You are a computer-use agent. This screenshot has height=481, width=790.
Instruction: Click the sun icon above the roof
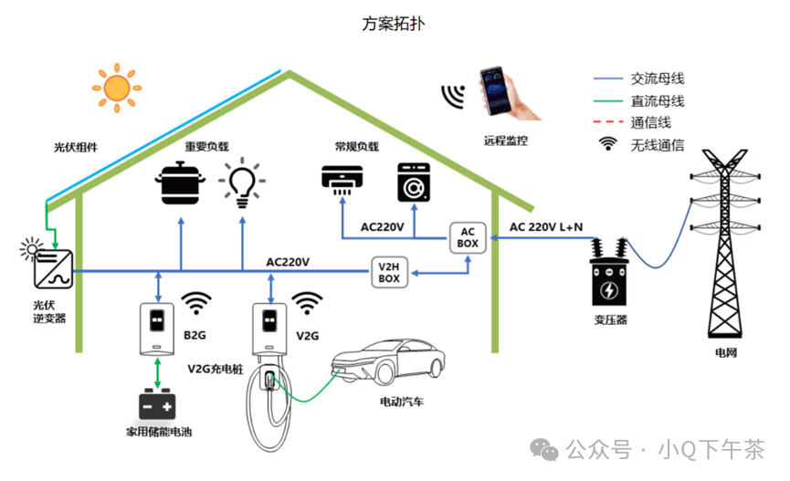pyautogui.click(x=116, y=88)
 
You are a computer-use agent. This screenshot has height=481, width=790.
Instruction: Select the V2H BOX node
pyautogui.click(x=389, y=272)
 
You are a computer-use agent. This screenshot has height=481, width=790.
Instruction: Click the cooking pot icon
pyautogui.click(x=179, y=183)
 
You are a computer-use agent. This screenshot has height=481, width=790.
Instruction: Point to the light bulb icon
pyautogui.click(x=241, y=183)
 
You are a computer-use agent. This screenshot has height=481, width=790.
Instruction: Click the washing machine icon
pyautogui.click(x=414, y=182)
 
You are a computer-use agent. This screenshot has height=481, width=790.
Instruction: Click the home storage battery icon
pyautogui.click(x=159, y=403)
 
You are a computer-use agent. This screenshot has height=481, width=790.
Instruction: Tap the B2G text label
pyautogui.click(x=195, y=336)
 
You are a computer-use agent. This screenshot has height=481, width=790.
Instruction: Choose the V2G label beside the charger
pyautogui.click(x=307, y=336)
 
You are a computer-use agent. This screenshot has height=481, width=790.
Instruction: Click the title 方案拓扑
pyautogui.click(x=393, y=24)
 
